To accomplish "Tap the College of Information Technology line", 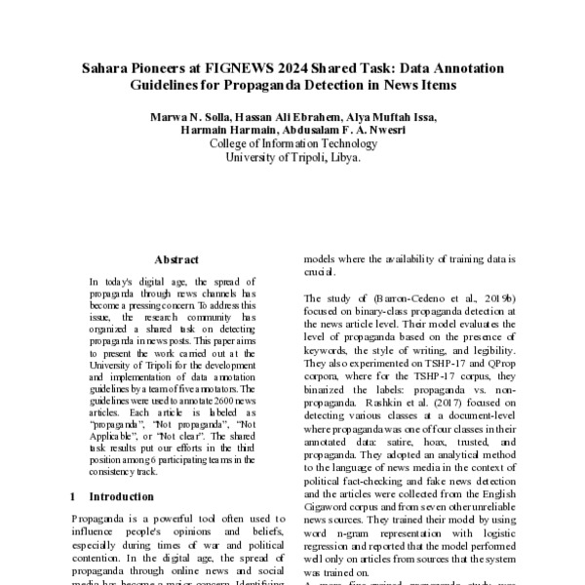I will click(292, 142).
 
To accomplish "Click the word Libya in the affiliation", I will click(343, 156).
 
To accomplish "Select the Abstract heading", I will click(176, 260).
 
